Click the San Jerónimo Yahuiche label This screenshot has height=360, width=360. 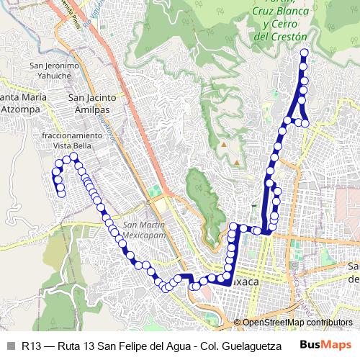click(x=50, y=71)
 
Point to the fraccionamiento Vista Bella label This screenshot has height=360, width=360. click(x=72, y=140)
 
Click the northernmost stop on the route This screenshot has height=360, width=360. click(x=304, y=53)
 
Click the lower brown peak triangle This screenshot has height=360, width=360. click(x=235, y=163)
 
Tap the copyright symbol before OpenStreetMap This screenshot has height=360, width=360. click(x=237, y=323)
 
